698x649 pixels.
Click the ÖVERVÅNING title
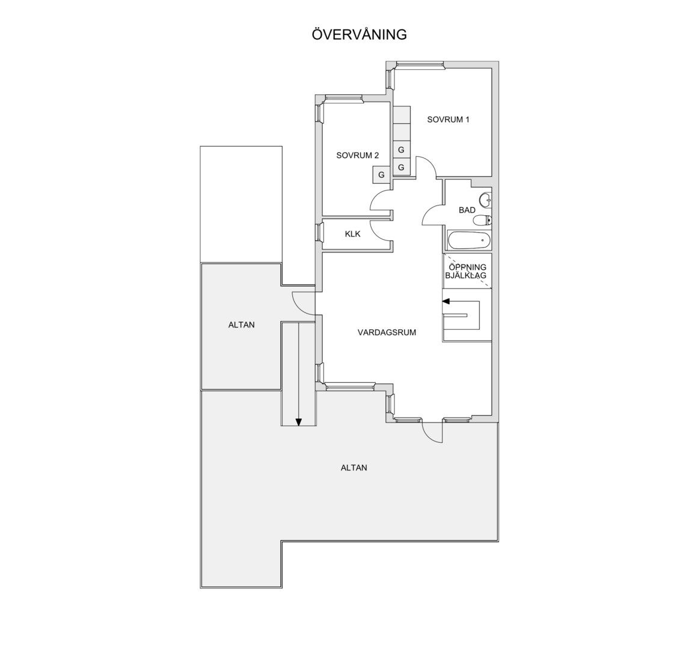point(360,34)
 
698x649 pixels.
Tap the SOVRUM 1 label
point(448,119)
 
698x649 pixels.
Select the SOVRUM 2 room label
point(358,155)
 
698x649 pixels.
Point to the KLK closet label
point(352,234)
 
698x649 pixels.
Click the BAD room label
point(467,210)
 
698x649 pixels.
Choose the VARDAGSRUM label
point(387,332)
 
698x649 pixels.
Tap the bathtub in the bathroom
point(469,240)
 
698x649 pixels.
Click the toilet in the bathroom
point(482,220)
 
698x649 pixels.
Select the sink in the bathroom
point(486,200)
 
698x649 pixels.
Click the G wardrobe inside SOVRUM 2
point(382,175)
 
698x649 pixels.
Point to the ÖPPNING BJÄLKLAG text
point(467,272)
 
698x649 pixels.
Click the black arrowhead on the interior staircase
point(447,302)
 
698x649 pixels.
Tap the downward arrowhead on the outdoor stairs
point(299,422)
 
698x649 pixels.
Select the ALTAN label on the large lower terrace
point(354,468)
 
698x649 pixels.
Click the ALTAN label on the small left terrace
point(241,324)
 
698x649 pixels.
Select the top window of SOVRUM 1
point(420,65)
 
